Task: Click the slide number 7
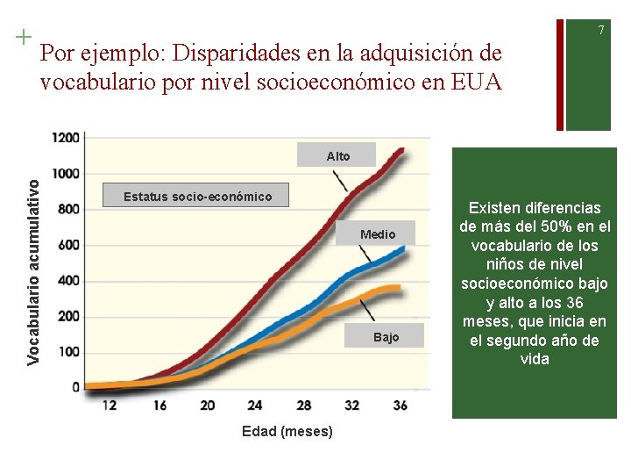(601, 31)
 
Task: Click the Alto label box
(337, 155)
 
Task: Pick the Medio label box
(378, 234)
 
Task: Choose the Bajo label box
(386, 337)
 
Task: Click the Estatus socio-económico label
(197, 196)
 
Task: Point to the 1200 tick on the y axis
(67, 138)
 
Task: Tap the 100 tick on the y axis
(70, 351)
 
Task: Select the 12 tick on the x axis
(110, 406)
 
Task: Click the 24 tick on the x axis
(255, 406)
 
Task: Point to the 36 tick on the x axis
(400, 406)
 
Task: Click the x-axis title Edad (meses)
(288, 431)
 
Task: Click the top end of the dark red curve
(401, 149)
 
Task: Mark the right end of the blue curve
(403, 248)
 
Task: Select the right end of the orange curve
(400, 287)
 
